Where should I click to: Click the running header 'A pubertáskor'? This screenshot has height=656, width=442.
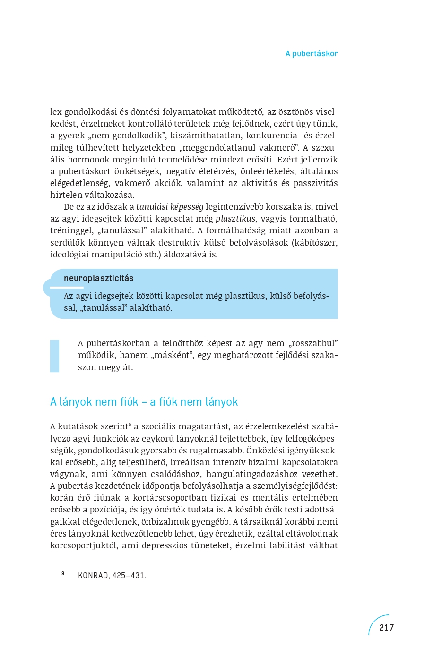[311, 53]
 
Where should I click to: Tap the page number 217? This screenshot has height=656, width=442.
[386, 628]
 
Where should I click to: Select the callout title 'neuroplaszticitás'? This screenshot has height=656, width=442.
[98, 278]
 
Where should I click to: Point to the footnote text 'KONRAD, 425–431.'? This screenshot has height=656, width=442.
[112, 575]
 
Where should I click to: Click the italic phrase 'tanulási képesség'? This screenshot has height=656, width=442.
[170, 207]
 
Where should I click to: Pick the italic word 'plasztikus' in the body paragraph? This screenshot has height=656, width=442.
[235, 219]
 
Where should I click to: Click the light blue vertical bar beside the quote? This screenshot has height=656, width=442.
[55, 356]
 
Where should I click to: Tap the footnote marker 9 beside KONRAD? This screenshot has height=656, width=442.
[63, 573]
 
